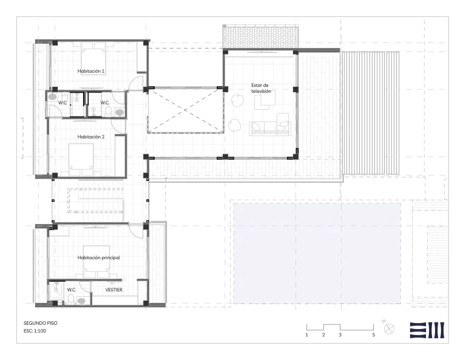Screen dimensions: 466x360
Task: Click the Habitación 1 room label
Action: coord(91,72)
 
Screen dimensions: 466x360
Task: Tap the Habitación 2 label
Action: coord(91,137)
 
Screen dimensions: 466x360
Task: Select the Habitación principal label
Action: coord(99,258)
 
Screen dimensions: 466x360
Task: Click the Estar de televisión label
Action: coord(261,88)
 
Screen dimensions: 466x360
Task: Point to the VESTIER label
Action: coord(114,290)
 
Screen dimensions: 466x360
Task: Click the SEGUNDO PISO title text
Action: coord(41,323)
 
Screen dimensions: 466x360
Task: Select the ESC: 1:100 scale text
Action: coord(35,331)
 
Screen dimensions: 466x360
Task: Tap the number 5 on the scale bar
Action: coord(374,335)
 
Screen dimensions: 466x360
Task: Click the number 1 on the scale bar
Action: coord(306,335)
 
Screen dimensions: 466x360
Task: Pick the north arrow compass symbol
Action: coord(389,329)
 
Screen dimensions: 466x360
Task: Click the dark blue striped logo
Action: coord(427,330)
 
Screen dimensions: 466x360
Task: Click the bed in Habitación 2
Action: coord(81,160)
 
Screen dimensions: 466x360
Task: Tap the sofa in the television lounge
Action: coord(270,128)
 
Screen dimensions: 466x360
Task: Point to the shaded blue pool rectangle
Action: coord(317,253)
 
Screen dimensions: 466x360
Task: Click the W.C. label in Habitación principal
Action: coord(72,290)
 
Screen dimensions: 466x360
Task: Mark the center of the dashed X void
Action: coord(186,110)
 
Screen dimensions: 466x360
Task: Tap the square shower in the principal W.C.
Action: coord(56,290)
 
